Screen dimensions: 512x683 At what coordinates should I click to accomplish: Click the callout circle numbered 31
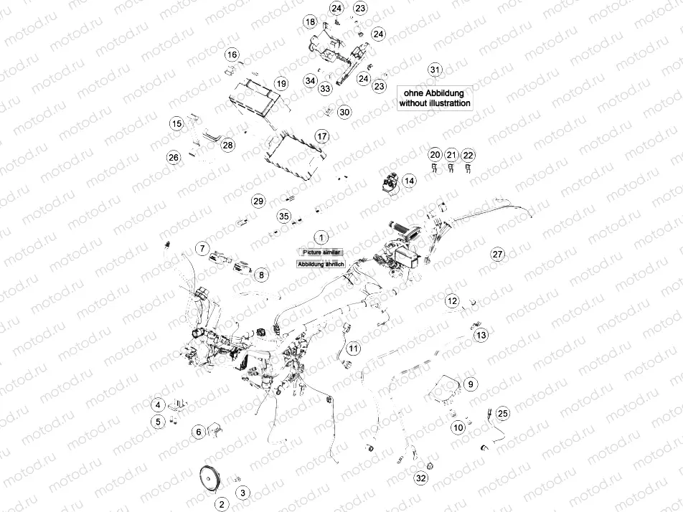pos(435,70)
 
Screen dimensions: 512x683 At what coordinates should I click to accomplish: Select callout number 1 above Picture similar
pos(322,237)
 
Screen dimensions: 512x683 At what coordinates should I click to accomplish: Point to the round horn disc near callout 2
pos(210,478)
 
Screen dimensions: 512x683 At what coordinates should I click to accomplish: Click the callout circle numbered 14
pos(408,181)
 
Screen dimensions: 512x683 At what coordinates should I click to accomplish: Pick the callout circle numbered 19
pos(281,84)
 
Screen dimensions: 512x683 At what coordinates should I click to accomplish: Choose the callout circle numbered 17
pos(322,136)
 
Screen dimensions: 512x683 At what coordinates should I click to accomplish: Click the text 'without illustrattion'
pos(435,103)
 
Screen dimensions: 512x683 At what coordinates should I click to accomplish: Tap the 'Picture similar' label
pos(322,252)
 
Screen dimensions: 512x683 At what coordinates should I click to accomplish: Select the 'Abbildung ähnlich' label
pos(321,264)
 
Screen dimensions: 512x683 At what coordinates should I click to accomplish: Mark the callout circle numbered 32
pos(420,478)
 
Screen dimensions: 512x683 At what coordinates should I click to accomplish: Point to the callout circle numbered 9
pos(470,384)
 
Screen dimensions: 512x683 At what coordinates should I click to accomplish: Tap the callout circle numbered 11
pos(353,349)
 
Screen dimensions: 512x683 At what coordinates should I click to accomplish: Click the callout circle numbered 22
pos(468,155)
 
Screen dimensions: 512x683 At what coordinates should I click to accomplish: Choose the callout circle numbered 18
pos(310,23)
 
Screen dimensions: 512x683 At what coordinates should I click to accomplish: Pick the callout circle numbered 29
pos(258,200)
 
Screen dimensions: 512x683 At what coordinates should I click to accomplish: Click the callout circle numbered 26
pos(173,157)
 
